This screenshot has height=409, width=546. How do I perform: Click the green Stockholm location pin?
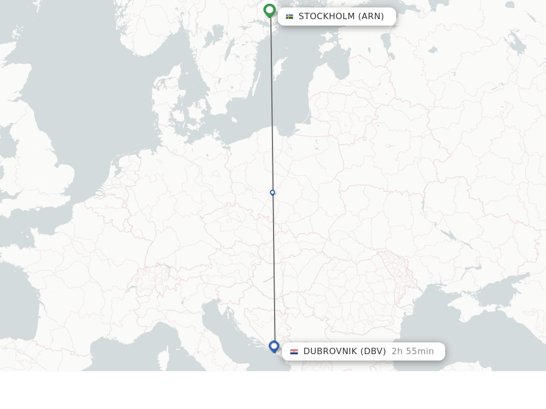click(269, 10)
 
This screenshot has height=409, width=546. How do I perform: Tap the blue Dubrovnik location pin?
click(274, 346)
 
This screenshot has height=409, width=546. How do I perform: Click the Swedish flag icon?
click(290, 17)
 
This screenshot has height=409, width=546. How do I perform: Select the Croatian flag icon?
click(294, 351)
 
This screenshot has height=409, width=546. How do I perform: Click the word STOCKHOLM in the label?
click(326, 17)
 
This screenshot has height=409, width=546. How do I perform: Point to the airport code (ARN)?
click(371, 17)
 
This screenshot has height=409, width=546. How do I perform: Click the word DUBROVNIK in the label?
click(330, 351)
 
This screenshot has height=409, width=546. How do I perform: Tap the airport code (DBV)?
click(373, 351)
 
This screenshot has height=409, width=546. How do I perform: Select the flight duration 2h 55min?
click(413, 351)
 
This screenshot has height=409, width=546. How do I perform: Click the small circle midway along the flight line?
click(272, 193)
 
